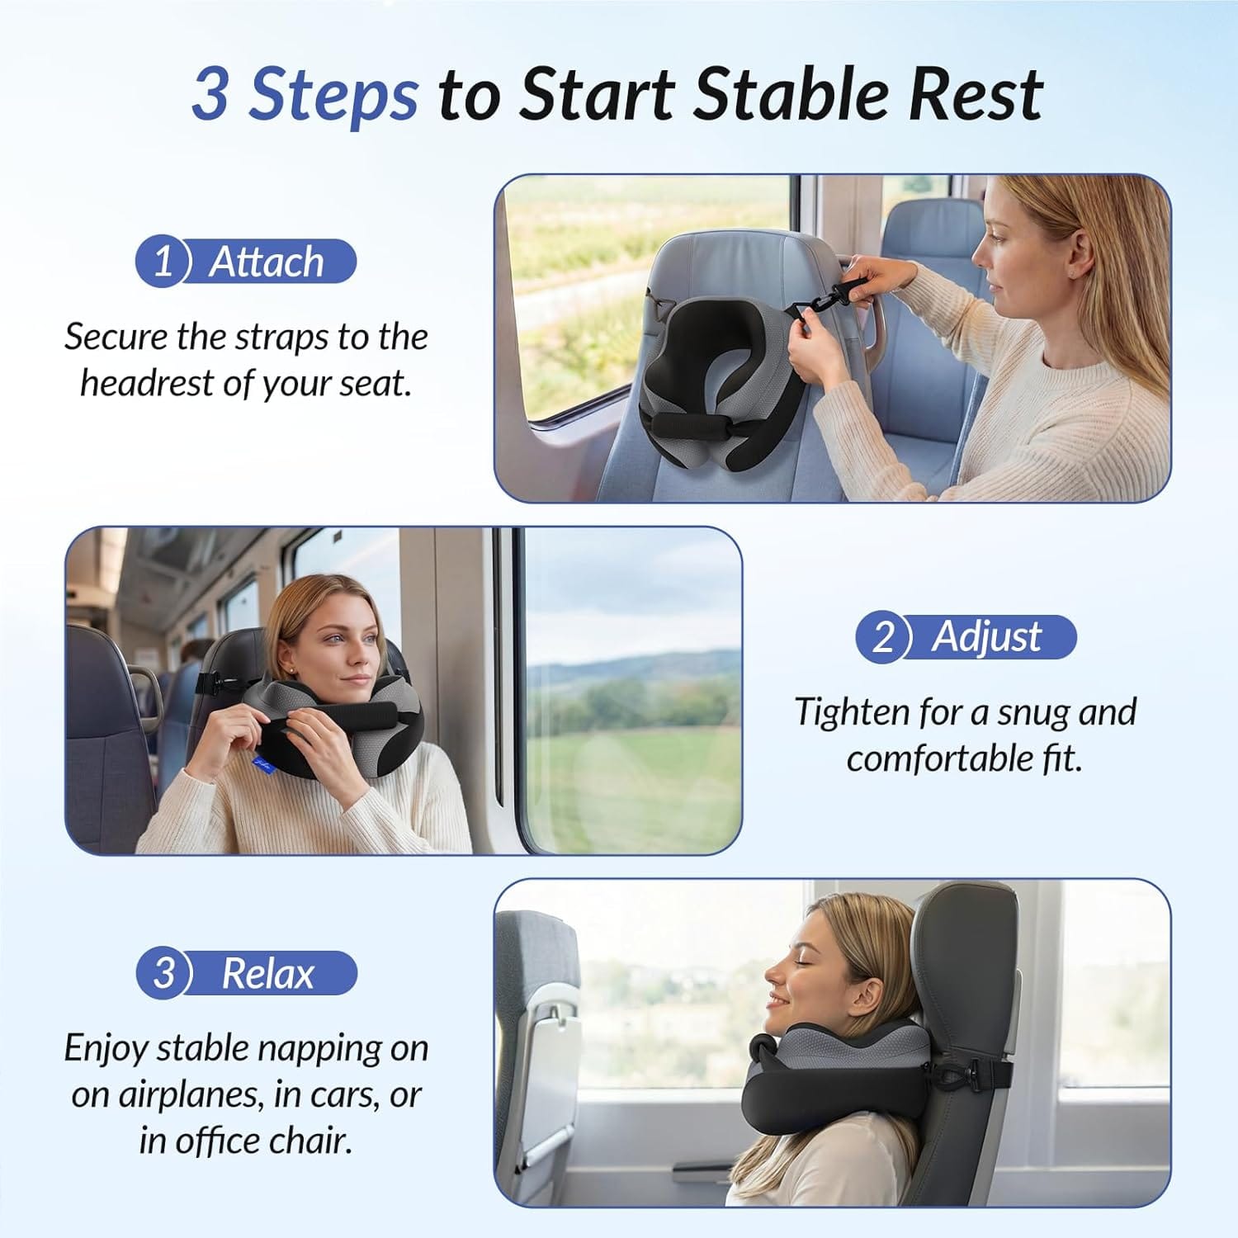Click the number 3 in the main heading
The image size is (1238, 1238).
(210, 94)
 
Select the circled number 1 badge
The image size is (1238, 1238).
(163, 262)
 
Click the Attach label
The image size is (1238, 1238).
(266, 262)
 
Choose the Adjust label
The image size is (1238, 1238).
(987, 637)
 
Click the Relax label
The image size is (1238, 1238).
(268, 974)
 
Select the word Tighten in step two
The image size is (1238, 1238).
(852, 712)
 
